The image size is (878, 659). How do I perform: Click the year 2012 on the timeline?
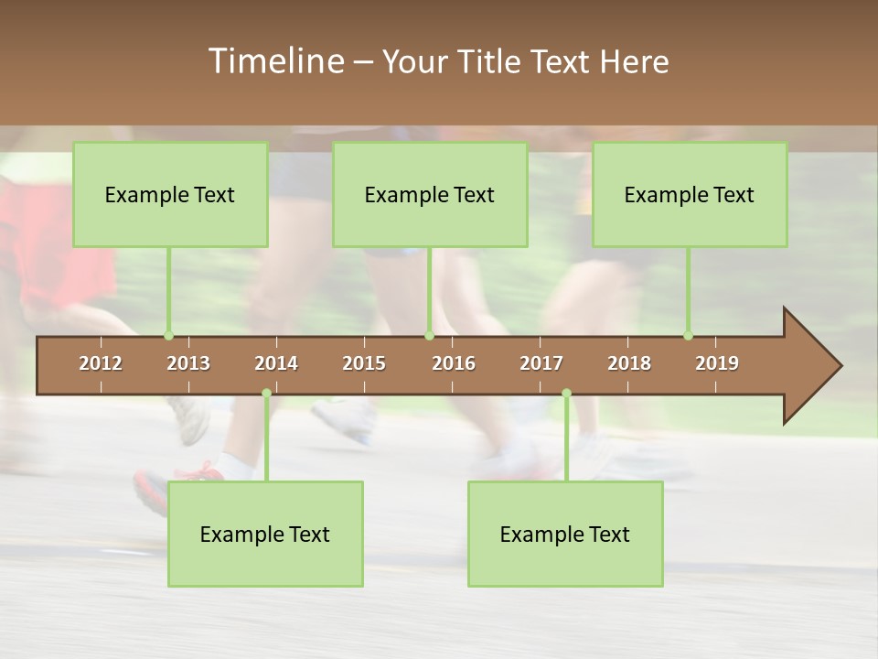[101, 363]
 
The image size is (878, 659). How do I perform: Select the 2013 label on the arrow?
[188, 363]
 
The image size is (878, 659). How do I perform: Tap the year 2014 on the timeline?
[276, 363]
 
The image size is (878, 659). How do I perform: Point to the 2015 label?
[364, 363]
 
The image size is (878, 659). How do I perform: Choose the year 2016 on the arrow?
[454, 363]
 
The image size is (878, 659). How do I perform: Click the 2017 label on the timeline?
[541, 363]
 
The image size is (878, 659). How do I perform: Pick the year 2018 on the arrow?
[629, 363]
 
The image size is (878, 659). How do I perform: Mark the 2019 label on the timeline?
[717, 363]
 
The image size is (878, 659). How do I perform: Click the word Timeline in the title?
[275, 61]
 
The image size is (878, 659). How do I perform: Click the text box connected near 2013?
[170, 194]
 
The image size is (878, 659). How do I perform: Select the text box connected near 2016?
[430, 194]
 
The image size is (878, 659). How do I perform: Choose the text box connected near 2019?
[690, 194]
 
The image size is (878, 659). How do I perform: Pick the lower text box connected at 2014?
[265, 534]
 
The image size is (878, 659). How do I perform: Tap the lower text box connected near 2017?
[565, 534]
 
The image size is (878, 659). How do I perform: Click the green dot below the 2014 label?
[266, 393]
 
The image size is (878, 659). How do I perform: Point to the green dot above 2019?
[689, 335]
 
